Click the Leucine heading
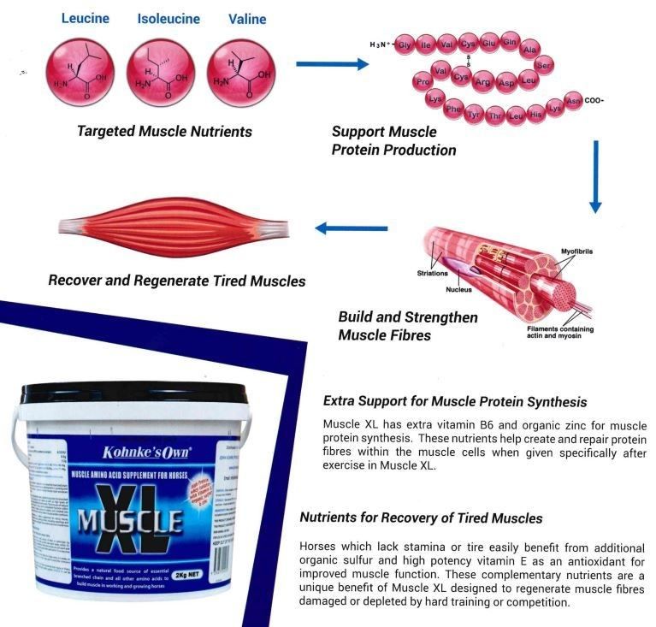[91, 18]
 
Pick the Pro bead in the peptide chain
[421, 81]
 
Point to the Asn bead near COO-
[573, 102]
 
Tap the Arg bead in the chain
[483, 82]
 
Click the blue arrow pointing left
[351, 228]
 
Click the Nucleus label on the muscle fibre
[458, 289]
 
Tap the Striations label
[433, 273]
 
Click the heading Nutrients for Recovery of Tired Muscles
[421, 518]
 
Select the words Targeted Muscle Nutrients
[164, 132]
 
